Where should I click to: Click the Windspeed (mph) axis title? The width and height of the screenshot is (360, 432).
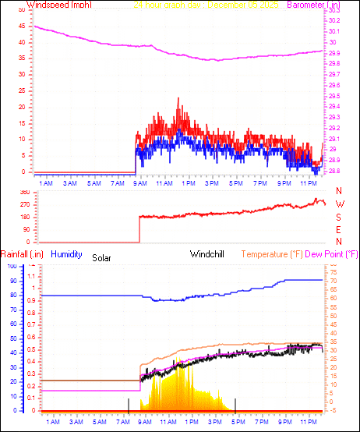[x=59, y=5]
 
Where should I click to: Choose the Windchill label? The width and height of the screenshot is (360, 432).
[x=210, y=254]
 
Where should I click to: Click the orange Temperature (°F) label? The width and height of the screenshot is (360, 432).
[x=272, y=254]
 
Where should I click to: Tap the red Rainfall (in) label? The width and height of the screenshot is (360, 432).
[x=22, y=254]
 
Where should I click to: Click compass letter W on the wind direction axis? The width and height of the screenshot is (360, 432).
[x=339, y=204]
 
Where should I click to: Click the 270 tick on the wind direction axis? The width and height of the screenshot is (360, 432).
[x=23, y=204]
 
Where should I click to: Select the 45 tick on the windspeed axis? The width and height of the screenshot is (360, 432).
[x=21, y=21]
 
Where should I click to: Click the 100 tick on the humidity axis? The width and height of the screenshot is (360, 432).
[x=12, y=266]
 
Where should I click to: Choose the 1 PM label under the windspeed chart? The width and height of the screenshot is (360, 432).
[x=188, y=183]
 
